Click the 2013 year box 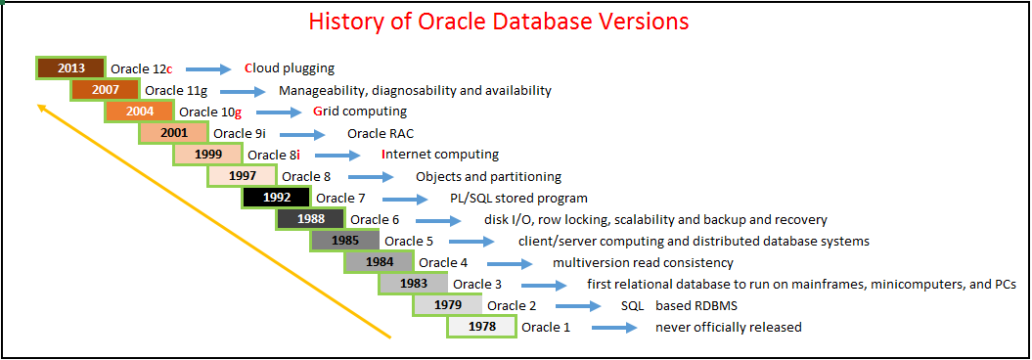coord(70,68)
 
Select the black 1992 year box coord(276,198)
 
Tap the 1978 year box coord(481,327)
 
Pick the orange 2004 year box coord(139,112)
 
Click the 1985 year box coord(344,241)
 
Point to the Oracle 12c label coord(141,68)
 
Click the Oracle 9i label coord(240,133)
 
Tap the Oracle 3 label coord(477,284)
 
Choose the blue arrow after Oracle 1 coord(614,328)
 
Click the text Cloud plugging coord(290,68)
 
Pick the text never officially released coord(728,327)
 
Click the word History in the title coord(345,22)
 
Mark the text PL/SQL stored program coord(518,198)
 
